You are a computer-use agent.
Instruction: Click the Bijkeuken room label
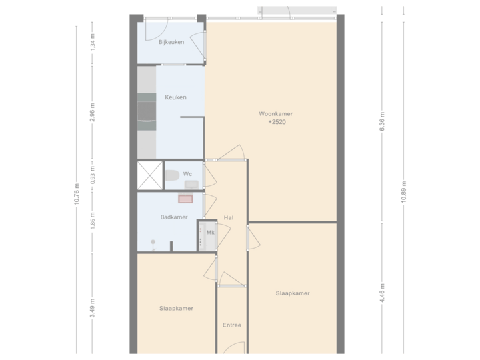point(171,43)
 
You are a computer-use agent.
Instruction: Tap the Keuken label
point(175,97)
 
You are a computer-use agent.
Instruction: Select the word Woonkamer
point(276,114)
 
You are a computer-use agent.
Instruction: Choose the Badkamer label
point(173,217)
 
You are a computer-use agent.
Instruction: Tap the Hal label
point(229,218)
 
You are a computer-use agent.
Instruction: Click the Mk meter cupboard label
point(210,233)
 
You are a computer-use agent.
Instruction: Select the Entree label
point(231,325)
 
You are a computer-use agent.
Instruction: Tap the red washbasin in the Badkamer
point(185,198)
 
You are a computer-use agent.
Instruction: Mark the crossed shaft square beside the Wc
point(150,175)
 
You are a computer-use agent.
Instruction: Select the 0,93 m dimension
point(93,175)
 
